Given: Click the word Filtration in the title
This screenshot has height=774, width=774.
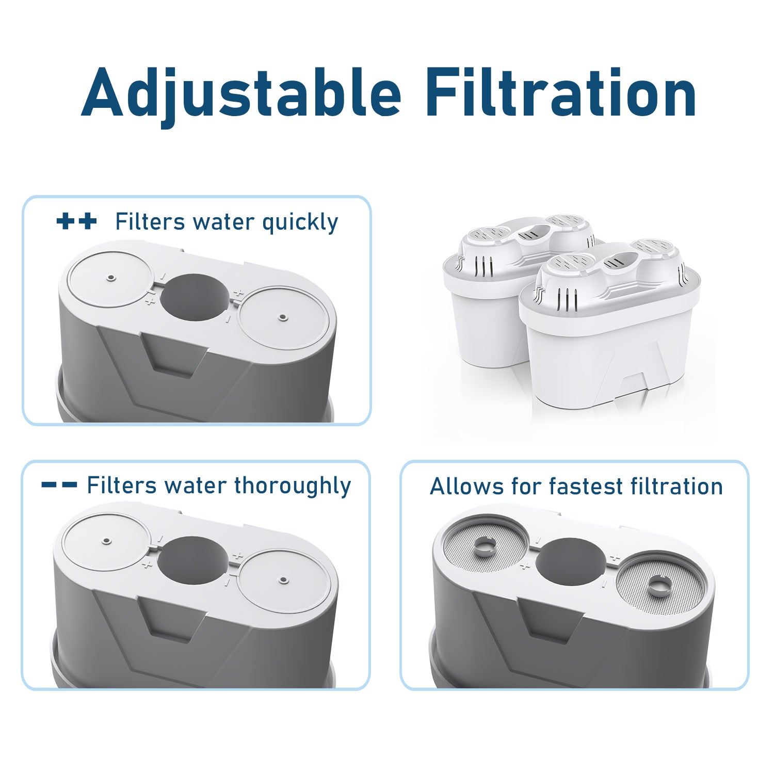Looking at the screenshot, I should click(x=561, y=93).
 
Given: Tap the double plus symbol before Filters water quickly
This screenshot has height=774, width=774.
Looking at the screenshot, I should click(x=76, y=222).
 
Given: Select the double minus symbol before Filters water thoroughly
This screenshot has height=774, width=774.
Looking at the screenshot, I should click(x=59, y=485).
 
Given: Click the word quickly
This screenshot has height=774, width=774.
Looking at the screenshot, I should click(x=300, y=222).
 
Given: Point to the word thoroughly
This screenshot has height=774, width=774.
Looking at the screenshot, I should click(x=292, y=486).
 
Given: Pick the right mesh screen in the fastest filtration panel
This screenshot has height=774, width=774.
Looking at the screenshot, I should click(x=660, y=584).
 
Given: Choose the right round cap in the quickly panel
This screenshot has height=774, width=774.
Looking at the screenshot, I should click(x=282, y=316).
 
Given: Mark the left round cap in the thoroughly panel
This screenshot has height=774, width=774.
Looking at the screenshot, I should click(x=106, y=540).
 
